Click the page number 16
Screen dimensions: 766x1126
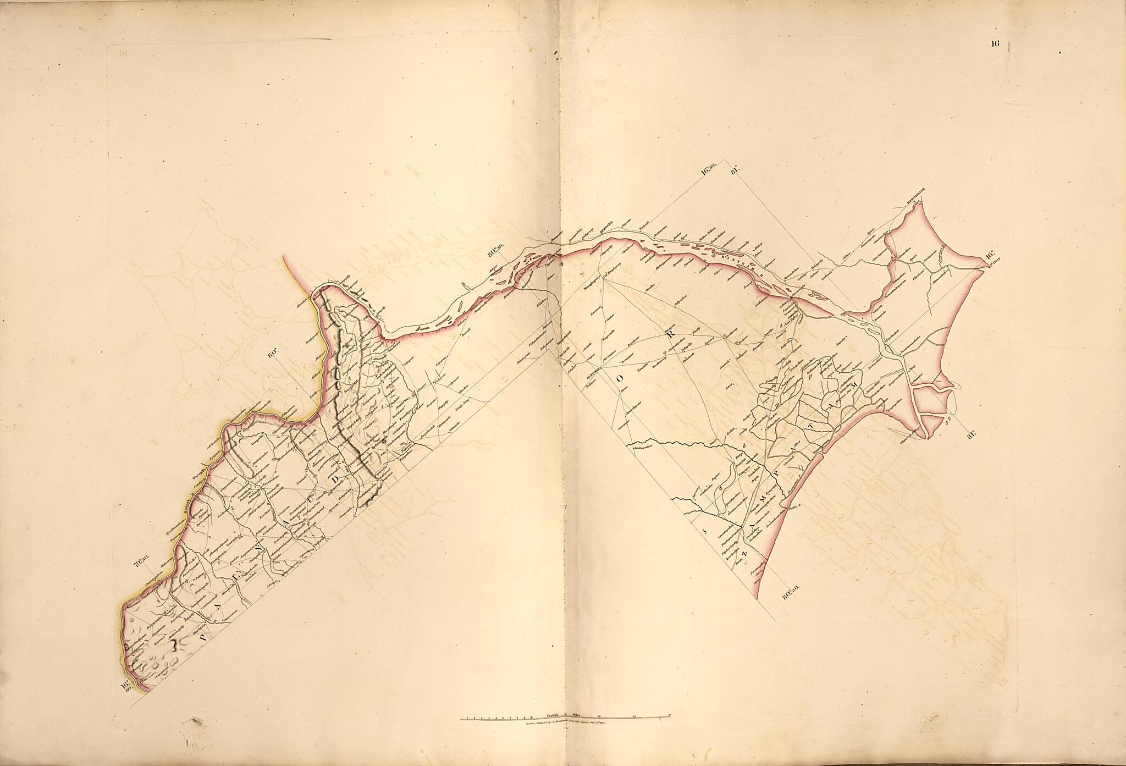pos(995,45)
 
